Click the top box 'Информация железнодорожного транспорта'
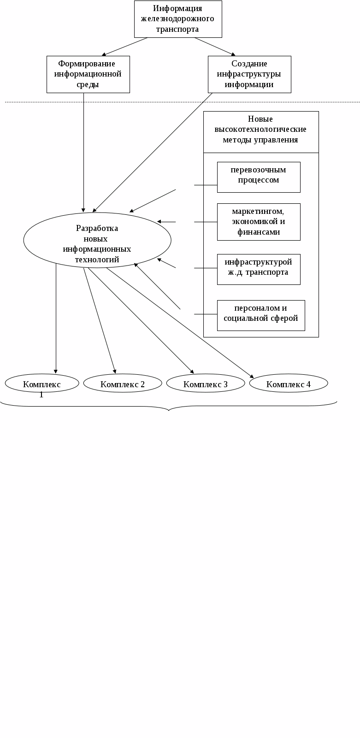coord(178,19)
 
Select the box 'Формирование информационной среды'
coord(88,74)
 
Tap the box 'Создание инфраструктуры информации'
coord(249,74)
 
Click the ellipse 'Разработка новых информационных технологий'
coord(97,240)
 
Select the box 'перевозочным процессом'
coord(259,177)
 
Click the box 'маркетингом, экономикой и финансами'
coord(259,222)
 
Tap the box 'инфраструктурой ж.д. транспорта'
coord(259,269)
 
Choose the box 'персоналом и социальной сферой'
coord(261,315)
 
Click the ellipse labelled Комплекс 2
coord(123,384)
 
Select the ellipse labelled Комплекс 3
coord(206,384)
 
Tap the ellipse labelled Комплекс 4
coord(289,384)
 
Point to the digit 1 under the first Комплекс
coord(41,395)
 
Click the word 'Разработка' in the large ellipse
coord(97,228)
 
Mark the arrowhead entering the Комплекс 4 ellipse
coord(252,376)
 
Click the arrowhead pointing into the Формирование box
coord(104,54)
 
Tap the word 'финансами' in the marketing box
coord(259,232)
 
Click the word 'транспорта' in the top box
coord(178,29)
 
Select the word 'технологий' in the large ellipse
coord(97,260)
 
